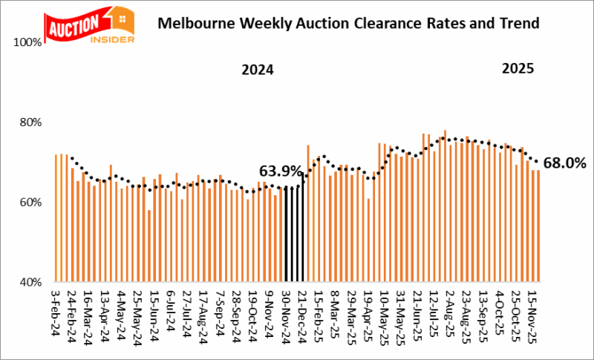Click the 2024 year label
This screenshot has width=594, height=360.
tap(258, 71)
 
